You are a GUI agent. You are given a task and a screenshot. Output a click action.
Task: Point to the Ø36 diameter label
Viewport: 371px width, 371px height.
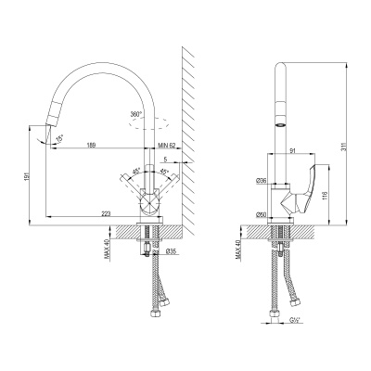click(261, 181)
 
